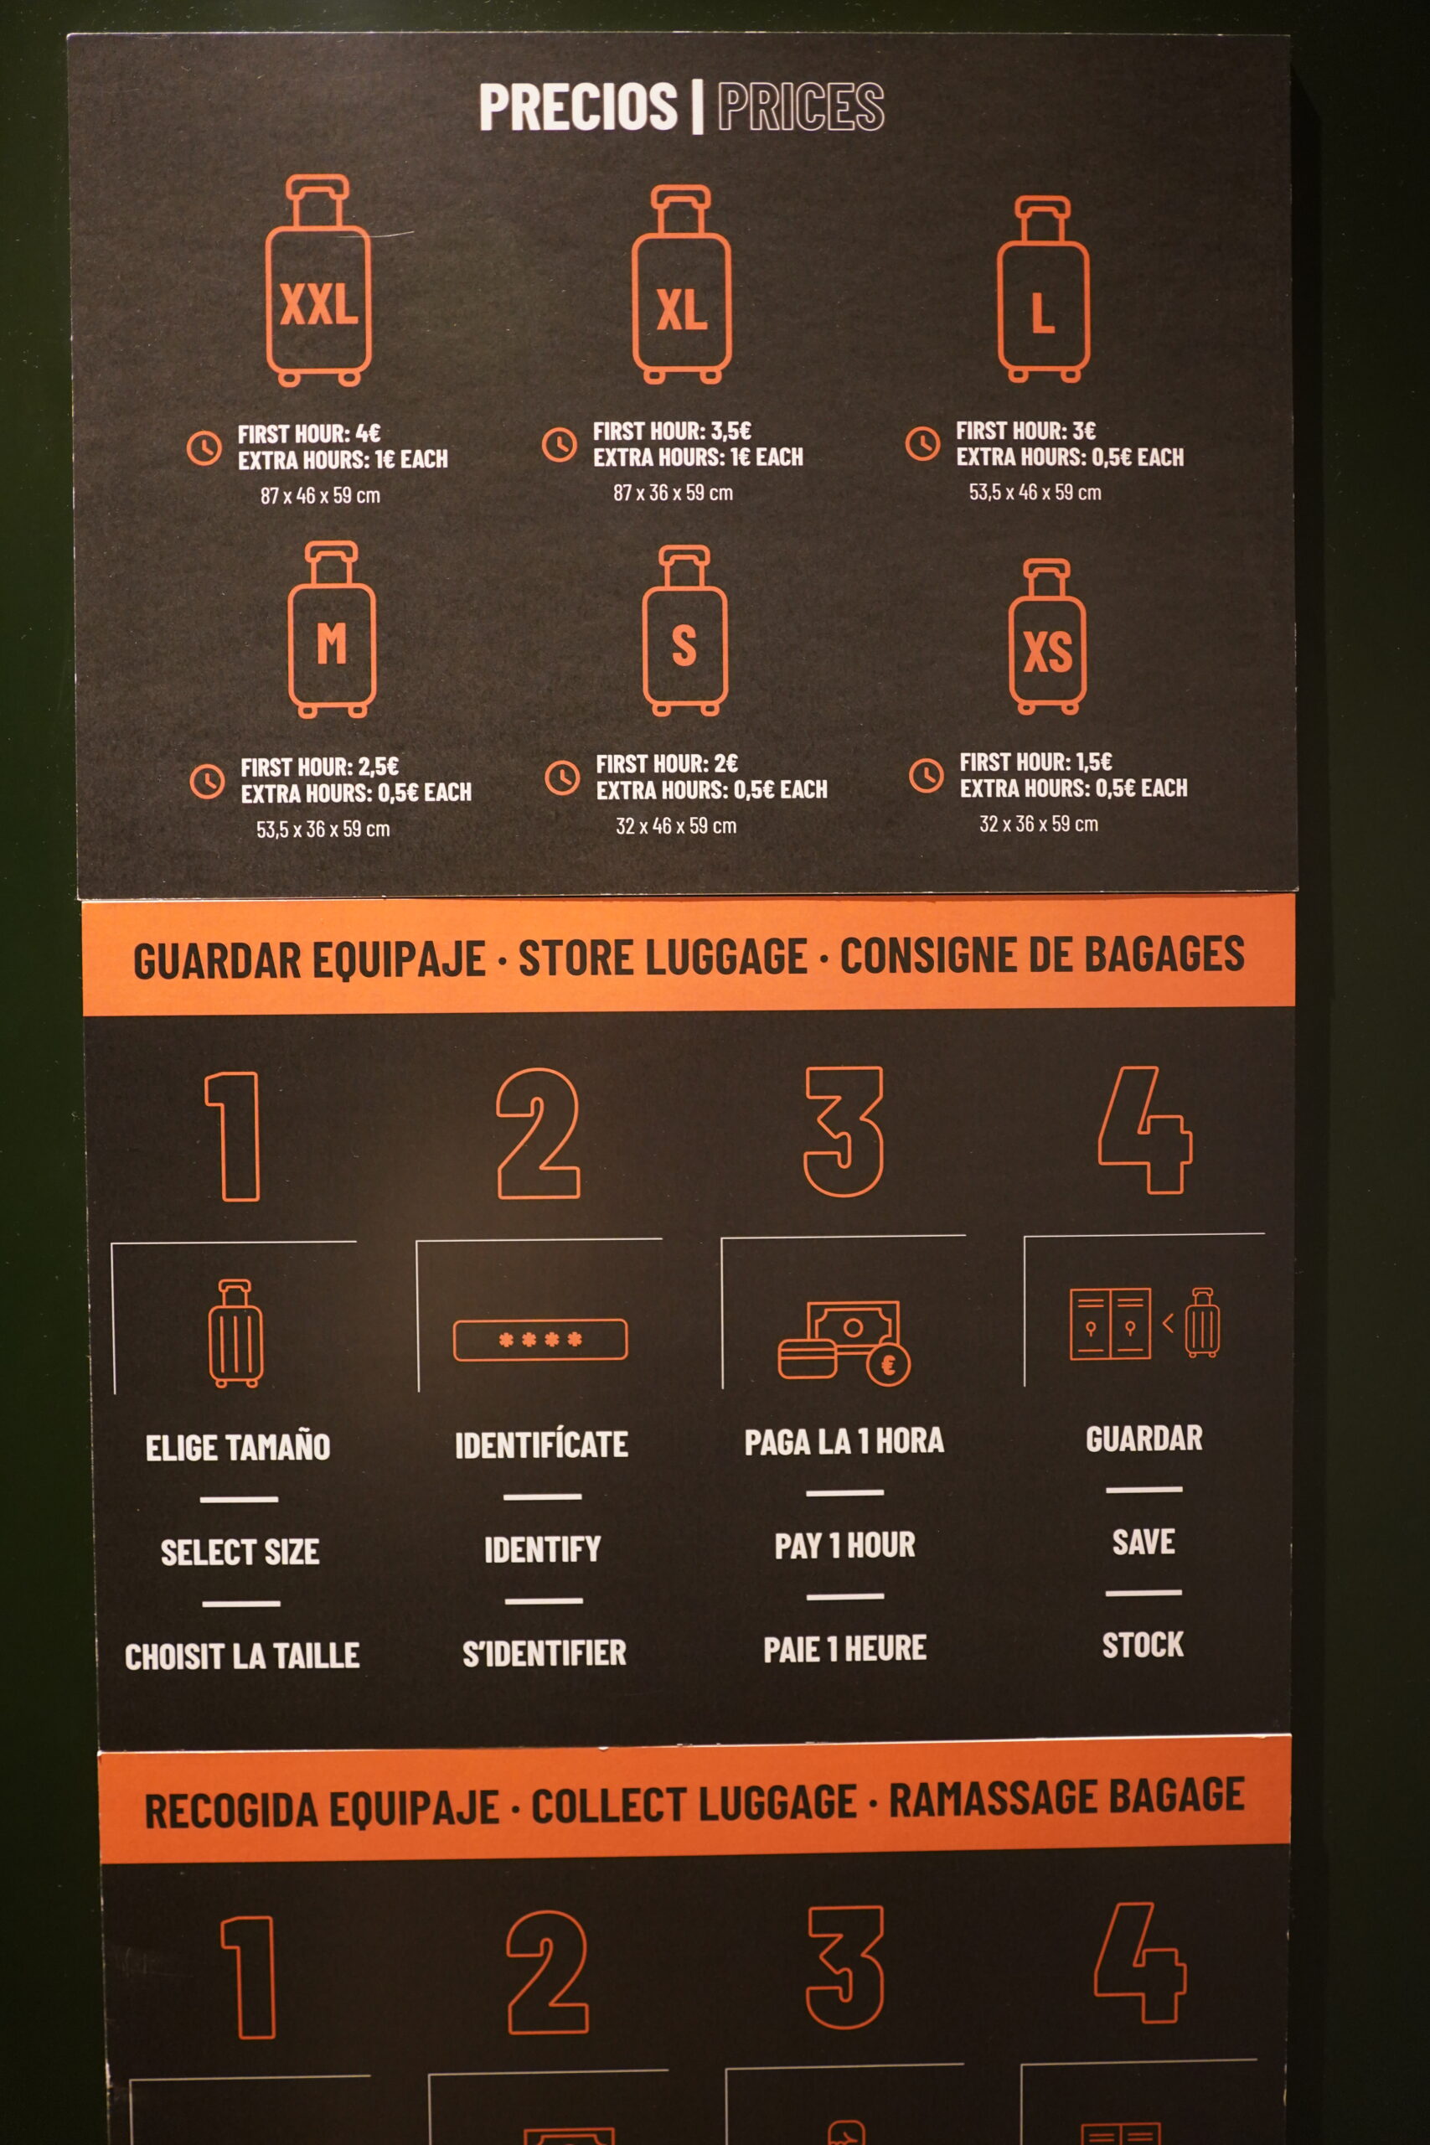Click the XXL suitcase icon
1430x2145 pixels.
(318, 281)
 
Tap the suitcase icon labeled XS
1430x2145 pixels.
(1047, 637)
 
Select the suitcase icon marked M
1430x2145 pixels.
(332, 630)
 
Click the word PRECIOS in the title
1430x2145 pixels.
(578, 106)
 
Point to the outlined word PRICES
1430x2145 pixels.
(801, 106)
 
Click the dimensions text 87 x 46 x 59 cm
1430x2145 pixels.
(320, 495)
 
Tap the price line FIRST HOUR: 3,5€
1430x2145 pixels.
(672, 431)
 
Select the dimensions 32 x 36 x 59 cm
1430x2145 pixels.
(1039, 824)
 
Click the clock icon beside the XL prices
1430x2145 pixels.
(559, 444)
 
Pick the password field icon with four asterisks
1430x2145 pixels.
(539, 1340)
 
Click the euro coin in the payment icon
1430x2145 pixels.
(888, 1365)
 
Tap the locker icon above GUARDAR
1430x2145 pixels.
(1110, 1323)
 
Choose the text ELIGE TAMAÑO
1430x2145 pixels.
(238, 1447)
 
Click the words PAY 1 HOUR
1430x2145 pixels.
(844, 1545)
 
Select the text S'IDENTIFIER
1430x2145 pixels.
(545, 1652)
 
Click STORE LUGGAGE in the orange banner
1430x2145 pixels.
(663, 958)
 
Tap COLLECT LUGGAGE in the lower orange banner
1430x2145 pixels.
(694, 1804)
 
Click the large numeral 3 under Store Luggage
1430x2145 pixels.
(844, 1131)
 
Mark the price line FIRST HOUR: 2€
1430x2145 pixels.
(667, 763)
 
